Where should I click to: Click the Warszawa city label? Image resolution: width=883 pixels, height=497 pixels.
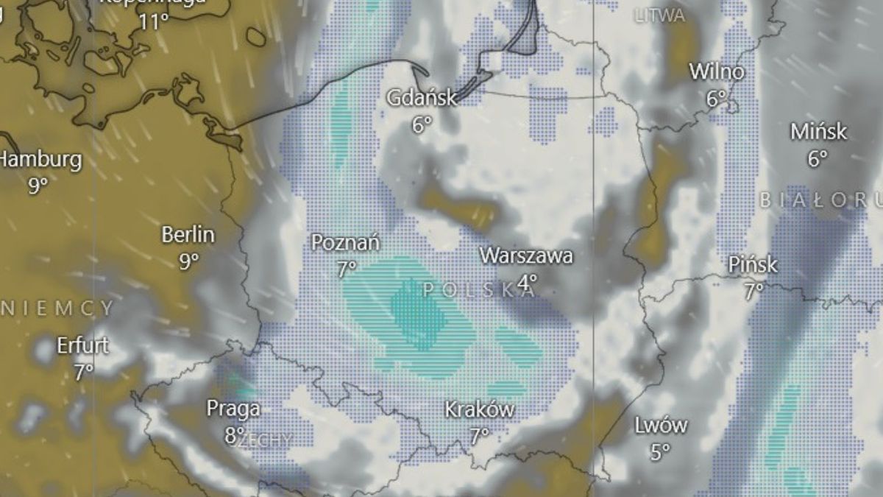[x=526, y=256]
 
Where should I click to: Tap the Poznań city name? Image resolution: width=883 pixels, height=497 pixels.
[x=346, y=242]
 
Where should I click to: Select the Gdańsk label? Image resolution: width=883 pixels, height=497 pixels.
[x=422, y=98]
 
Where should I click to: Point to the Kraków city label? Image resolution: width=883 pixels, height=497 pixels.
[x=479, y=410]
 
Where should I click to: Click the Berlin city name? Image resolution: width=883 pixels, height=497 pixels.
[x=188, y=235]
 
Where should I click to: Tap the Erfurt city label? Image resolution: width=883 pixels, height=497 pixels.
[x=82, y=345]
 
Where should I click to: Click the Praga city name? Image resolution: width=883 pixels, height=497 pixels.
[x=233, y=409]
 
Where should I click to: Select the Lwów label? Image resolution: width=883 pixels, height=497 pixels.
[x=661, y=425]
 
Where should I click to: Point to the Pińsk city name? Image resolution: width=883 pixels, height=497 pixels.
[x=753, y=264]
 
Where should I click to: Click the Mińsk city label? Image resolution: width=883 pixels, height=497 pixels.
[x=818, y=132]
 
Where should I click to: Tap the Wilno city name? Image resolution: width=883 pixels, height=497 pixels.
[x=716, y=72]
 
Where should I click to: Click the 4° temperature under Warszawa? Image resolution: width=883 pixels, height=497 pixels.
[x=527, y=282]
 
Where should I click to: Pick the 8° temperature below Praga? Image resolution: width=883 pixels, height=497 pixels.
[x=233, y=435]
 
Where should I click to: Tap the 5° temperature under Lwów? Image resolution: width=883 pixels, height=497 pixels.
[x=660, y=451]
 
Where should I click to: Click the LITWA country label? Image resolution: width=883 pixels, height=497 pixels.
[x=659, y=15]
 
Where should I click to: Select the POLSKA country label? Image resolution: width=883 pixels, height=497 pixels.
[x=478, y=289]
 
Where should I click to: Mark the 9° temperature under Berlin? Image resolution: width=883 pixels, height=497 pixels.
[x=188, y=261]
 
